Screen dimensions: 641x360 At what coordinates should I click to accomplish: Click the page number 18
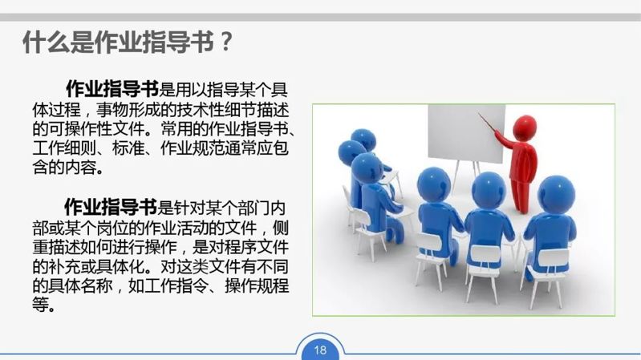[x=321, y=350]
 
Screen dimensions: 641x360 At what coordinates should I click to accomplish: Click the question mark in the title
[x=225, y=42]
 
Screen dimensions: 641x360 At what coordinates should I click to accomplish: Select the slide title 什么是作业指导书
[x=118, y=42]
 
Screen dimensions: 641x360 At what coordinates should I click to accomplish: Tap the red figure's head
[x=524, y=127]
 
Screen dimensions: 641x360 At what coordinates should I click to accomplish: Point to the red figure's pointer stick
[x=487, y=123]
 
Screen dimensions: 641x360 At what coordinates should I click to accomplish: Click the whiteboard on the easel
[x=466, y=133]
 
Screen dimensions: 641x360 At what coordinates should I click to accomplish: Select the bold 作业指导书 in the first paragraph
[x=112, y=89]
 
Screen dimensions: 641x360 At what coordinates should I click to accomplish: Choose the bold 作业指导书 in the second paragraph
[x=111, y=207]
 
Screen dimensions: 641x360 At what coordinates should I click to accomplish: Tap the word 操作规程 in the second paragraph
[x=257, y=285]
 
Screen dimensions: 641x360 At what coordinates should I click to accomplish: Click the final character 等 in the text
[x=40, y=305]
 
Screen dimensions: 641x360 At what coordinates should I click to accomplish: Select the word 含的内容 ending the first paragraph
[x=64, y=168]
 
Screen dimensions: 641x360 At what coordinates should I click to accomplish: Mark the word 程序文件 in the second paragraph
[x=257, y=246]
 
